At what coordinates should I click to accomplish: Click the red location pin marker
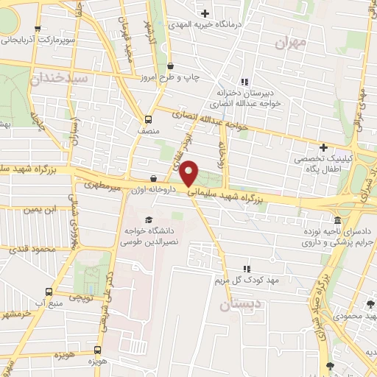[189, 172]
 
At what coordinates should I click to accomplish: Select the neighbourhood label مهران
[289, 43]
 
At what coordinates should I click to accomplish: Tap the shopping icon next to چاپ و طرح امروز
[170, 65]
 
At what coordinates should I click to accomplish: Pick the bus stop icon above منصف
[148, 119]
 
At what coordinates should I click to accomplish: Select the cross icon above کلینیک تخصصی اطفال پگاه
[323, 147]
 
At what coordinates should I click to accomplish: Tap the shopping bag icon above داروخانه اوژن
[153, 178]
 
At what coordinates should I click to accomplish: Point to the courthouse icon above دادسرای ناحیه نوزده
[337, 221]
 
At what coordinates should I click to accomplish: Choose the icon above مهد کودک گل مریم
[247, 269]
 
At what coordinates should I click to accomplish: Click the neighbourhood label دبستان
[240, 303]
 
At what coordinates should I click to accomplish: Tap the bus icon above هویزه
[97, 351]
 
